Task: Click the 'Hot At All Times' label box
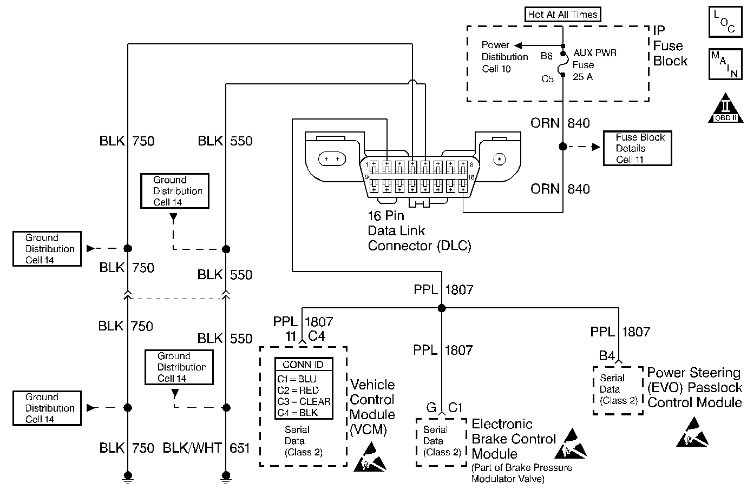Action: (562, 15)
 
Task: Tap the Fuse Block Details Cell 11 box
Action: (637, 148)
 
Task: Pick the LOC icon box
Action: (725, 22)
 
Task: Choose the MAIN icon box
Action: (725, 64)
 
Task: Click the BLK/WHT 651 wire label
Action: (206, 448)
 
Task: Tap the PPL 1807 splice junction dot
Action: (441, 308)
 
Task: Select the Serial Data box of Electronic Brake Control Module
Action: (441, 441)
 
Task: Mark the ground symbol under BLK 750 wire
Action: (128, 477)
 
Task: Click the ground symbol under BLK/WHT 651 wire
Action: (226, 477)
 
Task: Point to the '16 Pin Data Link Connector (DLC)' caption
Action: (420, 231)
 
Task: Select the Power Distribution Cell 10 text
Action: (504, 57)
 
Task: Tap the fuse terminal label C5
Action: (547, 79)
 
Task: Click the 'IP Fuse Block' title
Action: (670, 46)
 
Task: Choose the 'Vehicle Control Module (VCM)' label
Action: (372, 407)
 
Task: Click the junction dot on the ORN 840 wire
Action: (563, 147)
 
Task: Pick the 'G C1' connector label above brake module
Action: (443, 407)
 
